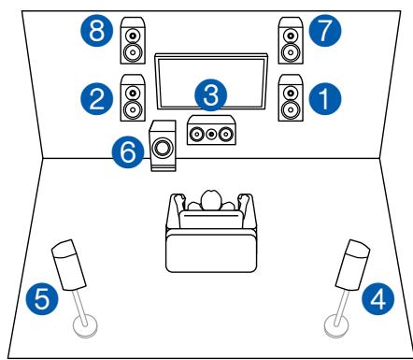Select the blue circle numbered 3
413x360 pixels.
click(x=211, y=95)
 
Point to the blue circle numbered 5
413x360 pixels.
click(x=38, y=300)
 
